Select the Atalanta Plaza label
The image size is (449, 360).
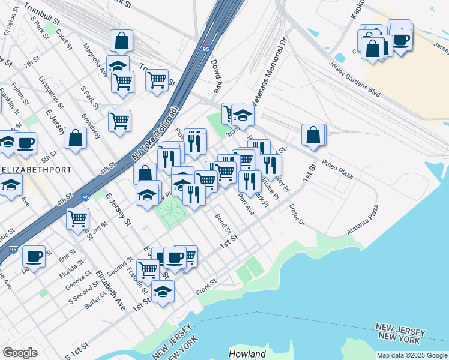click(x=363, y=220)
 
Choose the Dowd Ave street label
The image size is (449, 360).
click(x=216, y=78)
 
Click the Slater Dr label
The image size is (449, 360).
click(x=297, y=215)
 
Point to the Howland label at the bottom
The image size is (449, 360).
click(x=247, y=354)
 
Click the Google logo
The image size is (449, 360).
click(x=20, y=353)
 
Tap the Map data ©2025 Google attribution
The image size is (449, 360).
click(x=412, y=355)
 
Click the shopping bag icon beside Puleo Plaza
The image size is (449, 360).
click(x=313, y=135)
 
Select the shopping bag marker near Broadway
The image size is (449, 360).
click(x=75, y=138)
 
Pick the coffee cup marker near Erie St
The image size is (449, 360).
click(x=34, y=256)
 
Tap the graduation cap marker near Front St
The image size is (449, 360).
click(x=162, y=292)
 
